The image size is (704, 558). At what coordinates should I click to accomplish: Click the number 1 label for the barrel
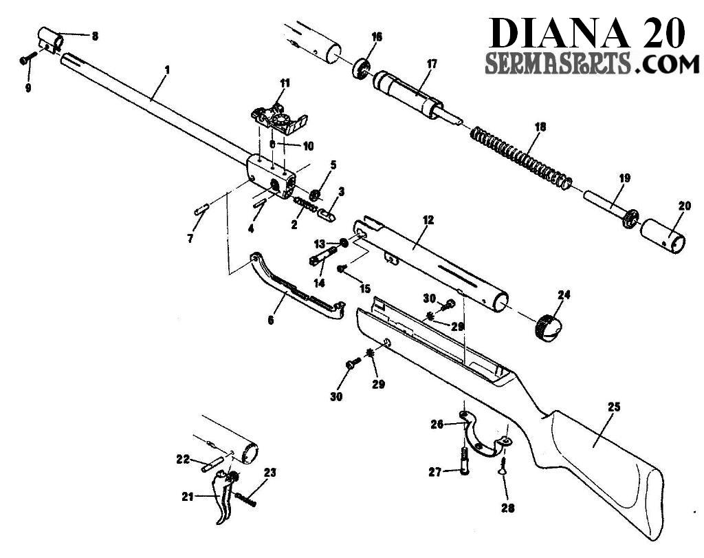coord(166,70)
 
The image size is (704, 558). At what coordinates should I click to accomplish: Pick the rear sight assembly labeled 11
coord(278,118)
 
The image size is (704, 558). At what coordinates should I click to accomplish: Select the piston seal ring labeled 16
coord(360,69)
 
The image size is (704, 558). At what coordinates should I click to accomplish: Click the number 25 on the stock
coord(613,407)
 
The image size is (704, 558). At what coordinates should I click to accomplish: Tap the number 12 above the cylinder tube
coord(428,220)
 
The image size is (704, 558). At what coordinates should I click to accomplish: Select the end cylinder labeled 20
coord(664,239)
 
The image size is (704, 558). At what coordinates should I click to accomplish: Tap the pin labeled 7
coord(201,209)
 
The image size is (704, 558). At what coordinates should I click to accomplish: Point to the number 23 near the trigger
coord(269,472)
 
